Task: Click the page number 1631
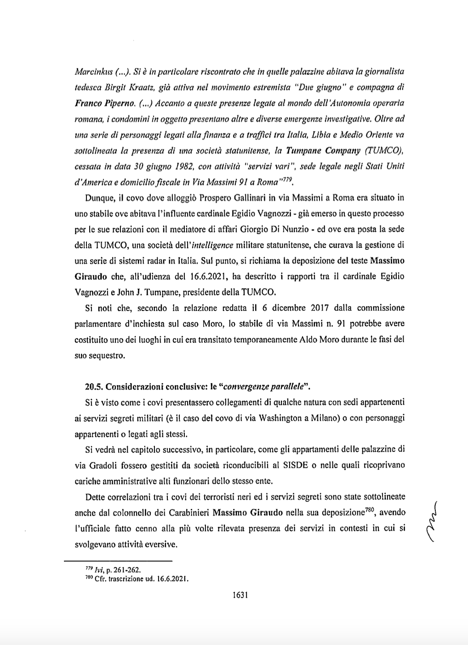[240, 595]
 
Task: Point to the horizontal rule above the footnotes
[117, 561]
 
